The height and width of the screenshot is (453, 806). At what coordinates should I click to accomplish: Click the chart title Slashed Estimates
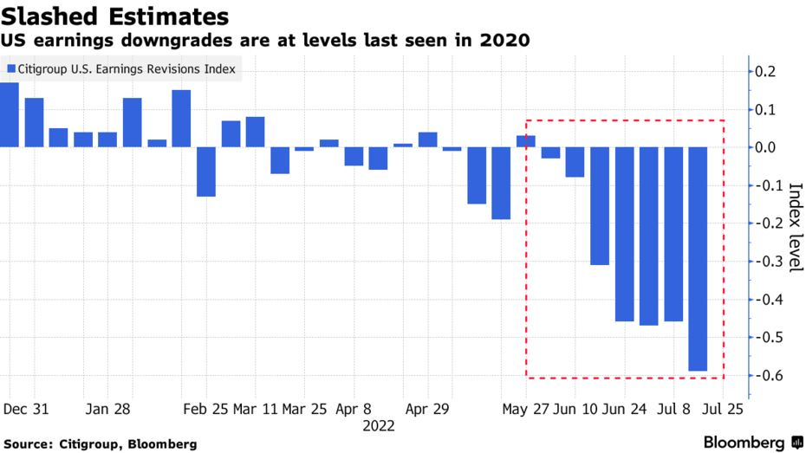(115, 16)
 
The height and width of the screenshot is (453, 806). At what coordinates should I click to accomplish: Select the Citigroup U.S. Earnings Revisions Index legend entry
(121, 68)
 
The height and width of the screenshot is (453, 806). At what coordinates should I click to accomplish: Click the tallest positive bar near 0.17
(10, 115)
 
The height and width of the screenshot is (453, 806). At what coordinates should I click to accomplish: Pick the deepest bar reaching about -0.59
(697, 259)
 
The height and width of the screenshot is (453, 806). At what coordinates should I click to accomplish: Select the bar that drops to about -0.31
(600, 206)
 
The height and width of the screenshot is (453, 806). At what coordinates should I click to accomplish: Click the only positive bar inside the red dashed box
(526, 141)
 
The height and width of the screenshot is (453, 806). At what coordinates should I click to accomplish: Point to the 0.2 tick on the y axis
(767, 71)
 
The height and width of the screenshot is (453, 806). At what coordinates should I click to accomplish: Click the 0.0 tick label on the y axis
(767, 147)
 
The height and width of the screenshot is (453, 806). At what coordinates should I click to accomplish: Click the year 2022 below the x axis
(379, 425)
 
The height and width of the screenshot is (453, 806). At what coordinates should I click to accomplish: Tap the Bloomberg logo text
(744, 443)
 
